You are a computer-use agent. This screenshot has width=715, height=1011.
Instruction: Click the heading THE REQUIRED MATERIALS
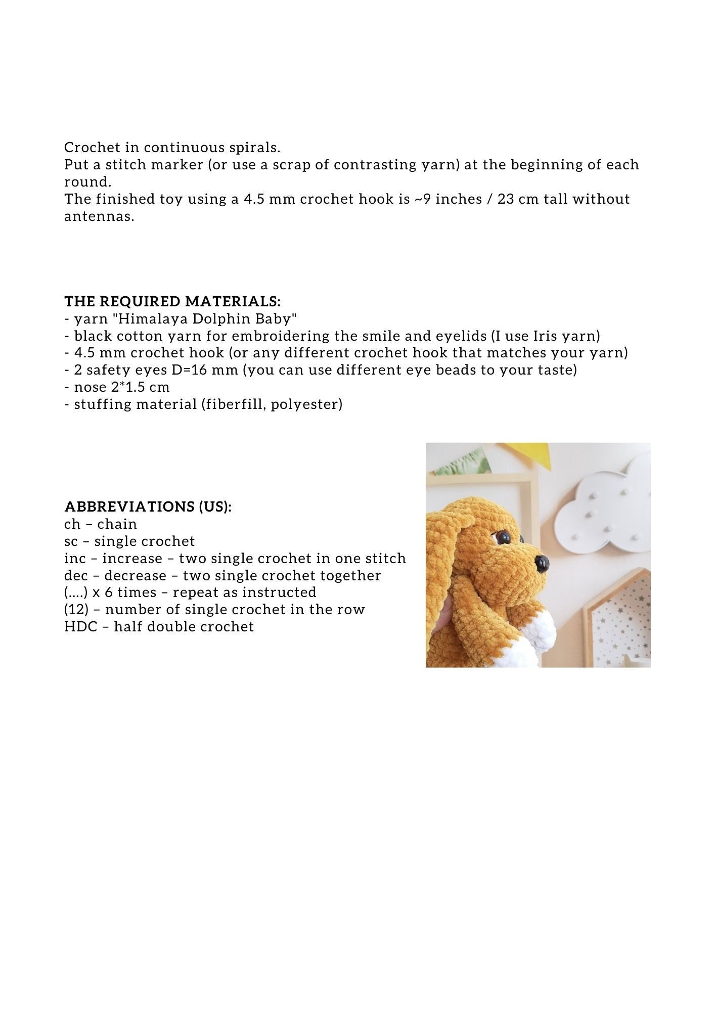172,302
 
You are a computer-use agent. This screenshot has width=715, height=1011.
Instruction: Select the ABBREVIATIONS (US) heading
148,507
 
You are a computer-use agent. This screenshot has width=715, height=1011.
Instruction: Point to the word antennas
99,216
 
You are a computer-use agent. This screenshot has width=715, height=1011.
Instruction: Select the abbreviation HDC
81,627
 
